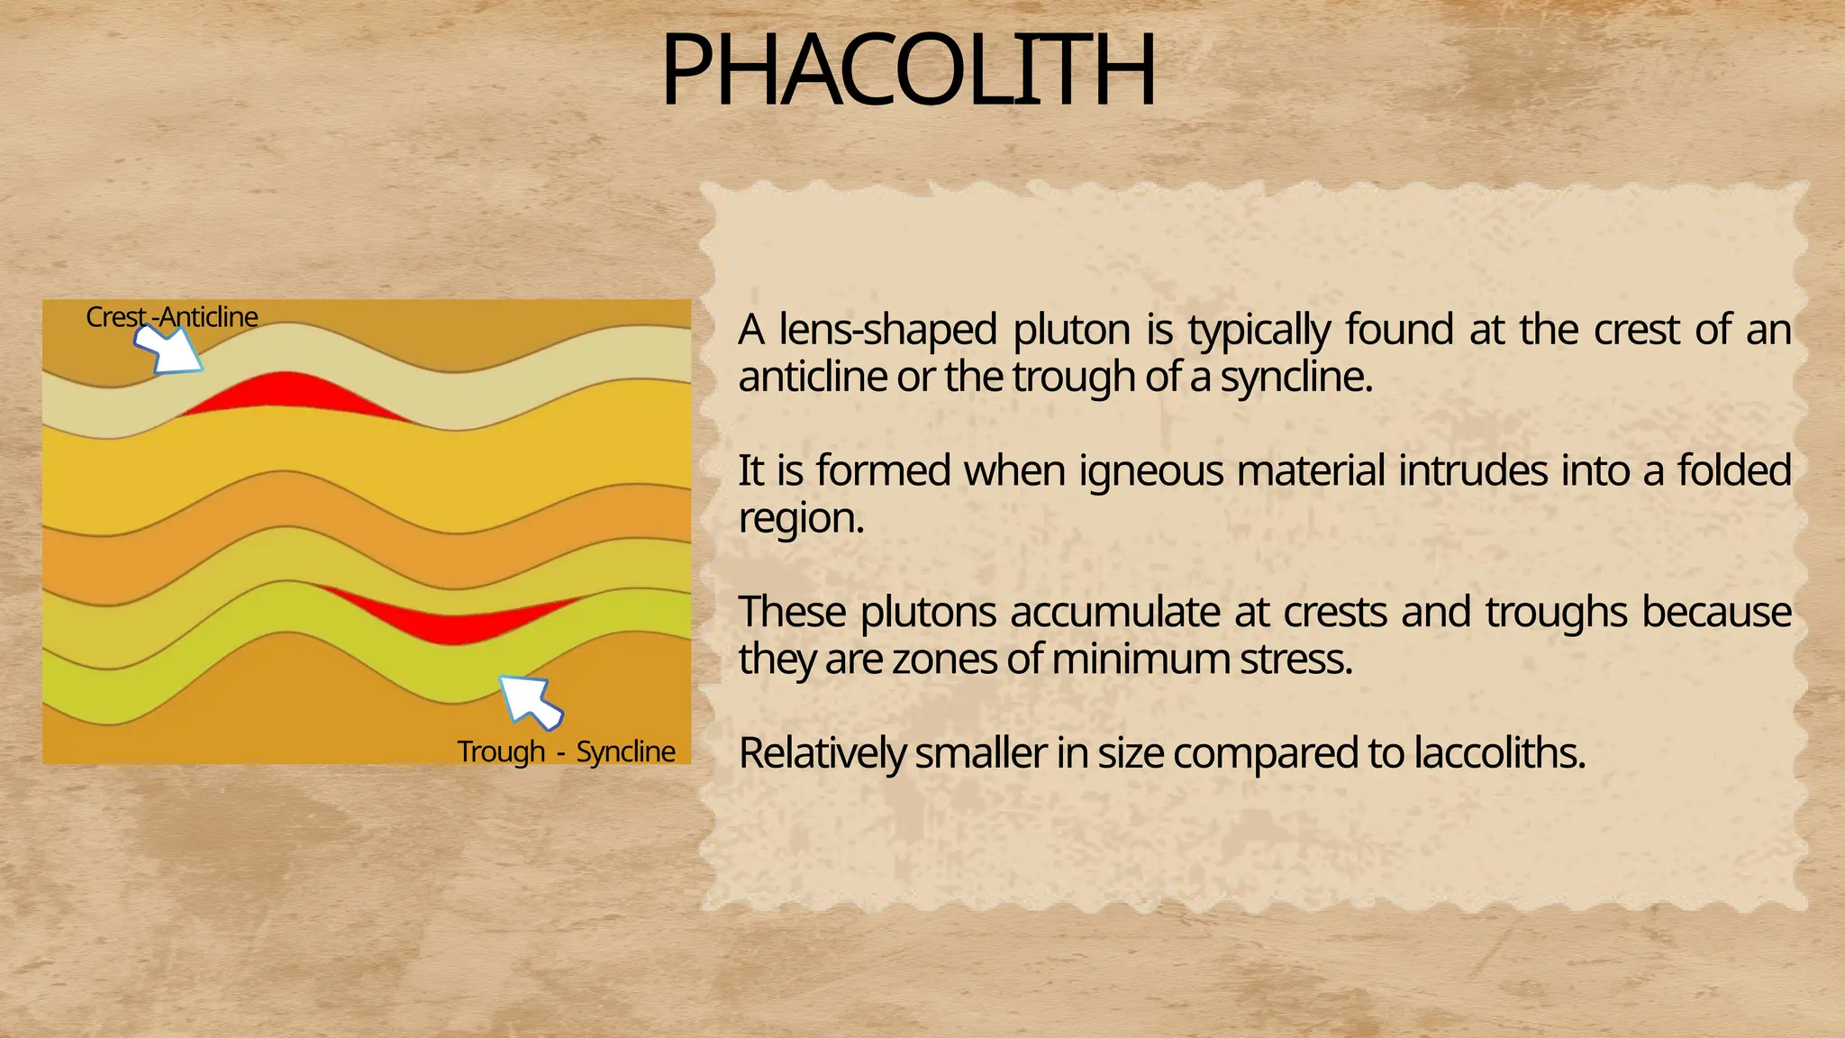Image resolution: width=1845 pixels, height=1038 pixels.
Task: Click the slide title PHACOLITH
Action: click(908, 70)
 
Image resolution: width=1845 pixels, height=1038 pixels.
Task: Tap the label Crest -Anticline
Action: click(172, 317)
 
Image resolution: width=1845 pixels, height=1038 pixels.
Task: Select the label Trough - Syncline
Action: click(566, 751)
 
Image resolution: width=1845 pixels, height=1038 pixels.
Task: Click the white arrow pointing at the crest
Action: click(168, 349)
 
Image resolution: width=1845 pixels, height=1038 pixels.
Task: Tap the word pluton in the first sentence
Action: click(1071, 330)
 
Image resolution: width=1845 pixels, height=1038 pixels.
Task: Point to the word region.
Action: click(801, 518)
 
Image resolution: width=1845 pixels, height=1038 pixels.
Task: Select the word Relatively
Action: click(821, 753)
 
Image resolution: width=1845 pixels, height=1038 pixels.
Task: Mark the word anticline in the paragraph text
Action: click(813, 377)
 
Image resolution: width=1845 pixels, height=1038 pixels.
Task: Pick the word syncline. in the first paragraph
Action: click(1296, 377)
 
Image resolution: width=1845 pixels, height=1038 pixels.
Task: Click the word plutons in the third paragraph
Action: click(928, 613)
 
